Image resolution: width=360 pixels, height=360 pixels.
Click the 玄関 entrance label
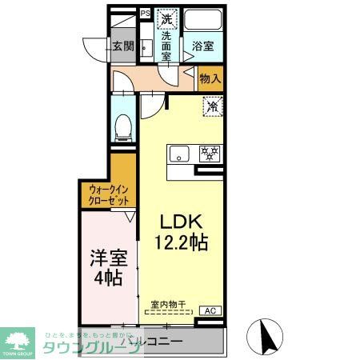coord(122,46)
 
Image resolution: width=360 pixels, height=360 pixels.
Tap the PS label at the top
coord(145,14)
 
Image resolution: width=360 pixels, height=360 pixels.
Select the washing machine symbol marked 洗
coord(166,18)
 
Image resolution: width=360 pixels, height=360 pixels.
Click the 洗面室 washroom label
coord(166,46)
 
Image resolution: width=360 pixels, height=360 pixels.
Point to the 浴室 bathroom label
coord(203,46)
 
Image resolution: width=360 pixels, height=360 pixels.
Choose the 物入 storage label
coord(210,79)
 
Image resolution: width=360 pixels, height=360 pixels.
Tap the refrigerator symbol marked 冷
coord(213,106)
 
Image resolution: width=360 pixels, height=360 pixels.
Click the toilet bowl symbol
coord(123,125)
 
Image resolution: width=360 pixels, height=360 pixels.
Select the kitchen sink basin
coord(178,153)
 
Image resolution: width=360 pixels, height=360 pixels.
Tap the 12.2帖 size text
coord(182,242)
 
